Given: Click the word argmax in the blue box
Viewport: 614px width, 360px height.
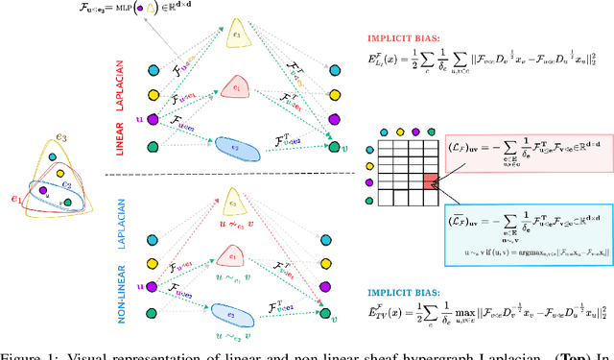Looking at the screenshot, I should (x=530, y=249).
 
